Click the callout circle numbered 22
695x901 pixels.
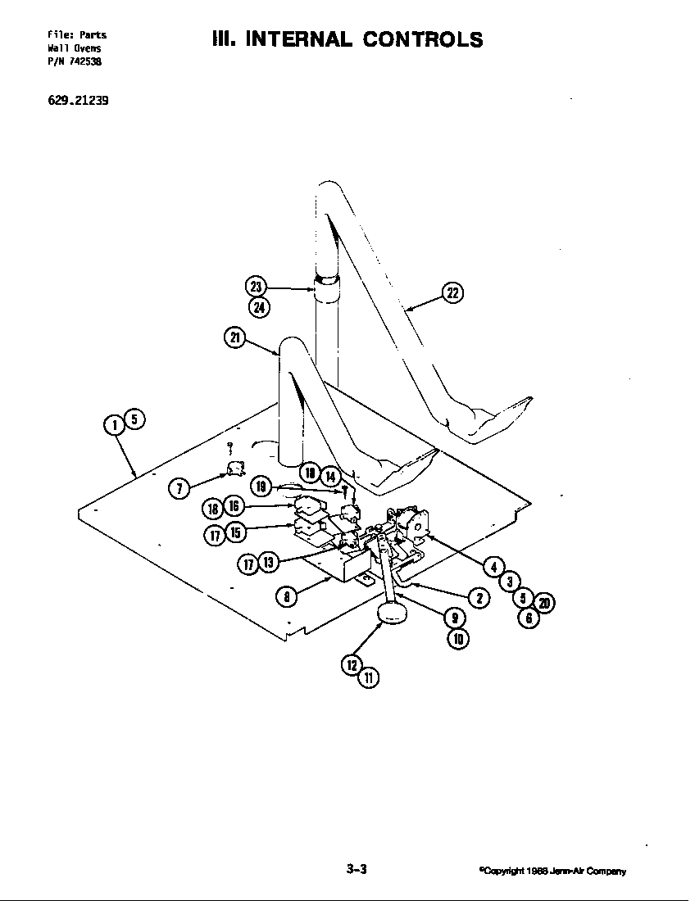[452, 293]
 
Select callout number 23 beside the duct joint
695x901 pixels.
[256, 287]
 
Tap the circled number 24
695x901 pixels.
[257, 307]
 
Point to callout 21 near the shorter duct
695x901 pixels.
[234, 337]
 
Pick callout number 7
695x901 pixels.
[179, 489]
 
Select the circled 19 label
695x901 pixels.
[261, 487]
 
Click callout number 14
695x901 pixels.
[329, 477]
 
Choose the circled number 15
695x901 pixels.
[234, 532]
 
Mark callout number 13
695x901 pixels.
[268, 562]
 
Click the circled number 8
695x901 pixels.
[284, 597]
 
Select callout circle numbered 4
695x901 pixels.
[493, 567]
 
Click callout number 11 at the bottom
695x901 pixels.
[370, 677]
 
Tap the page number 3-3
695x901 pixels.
[356, 870]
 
